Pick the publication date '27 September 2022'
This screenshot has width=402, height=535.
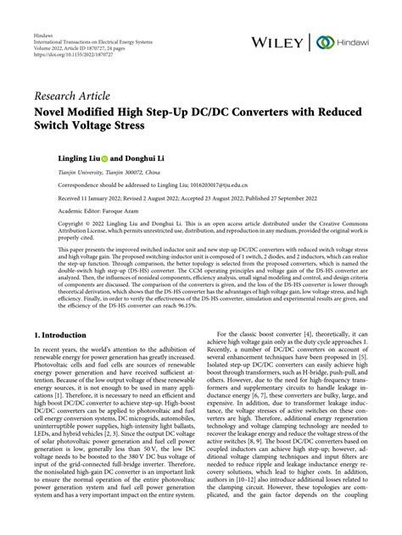tap(295, 196)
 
